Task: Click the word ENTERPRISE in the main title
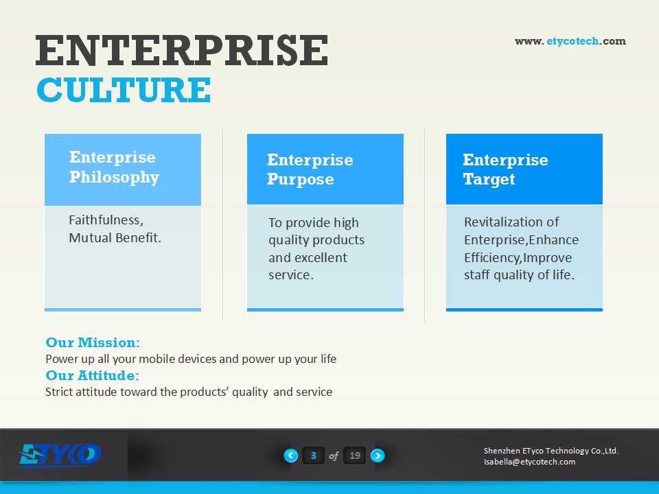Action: [181, 50]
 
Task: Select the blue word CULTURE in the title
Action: [124, 90]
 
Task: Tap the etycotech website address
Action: [570, 41]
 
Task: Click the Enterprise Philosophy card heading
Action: [114, 167]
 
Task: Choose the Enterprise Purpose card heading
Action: [310, 169]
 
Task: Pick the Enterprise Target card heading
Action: [505, 169]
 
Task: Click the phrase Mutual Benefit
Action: [115, 238]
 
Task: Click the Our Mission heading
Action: [93, 342]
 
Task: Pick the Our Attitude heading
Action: [92, 375]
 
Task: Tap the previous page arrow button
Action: [291, 456]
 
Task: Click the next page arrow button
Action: [378, 456]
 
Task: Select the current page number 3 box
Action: [313, 456]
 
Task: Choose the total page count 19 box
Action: [355, 456]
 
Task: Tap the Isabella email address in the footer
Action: [529, 462]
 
